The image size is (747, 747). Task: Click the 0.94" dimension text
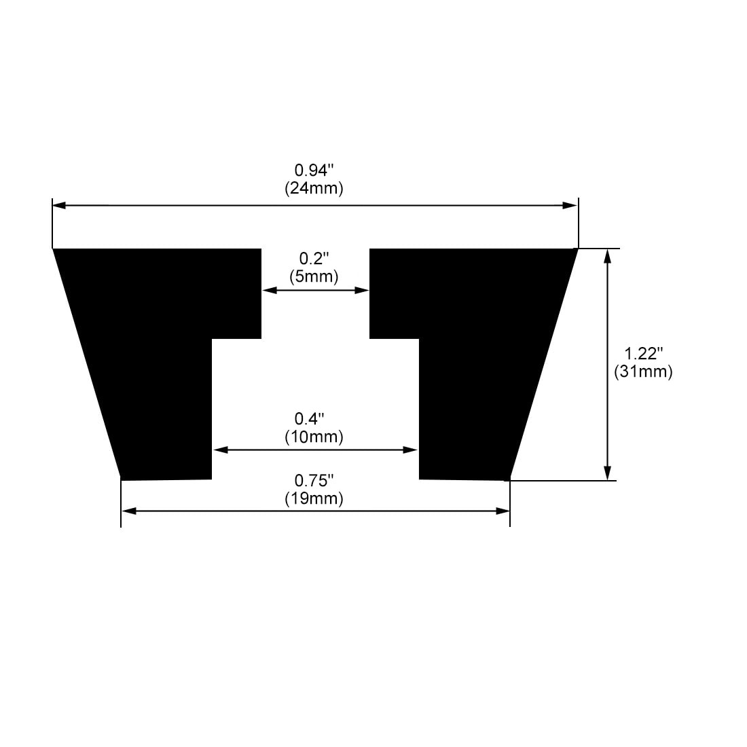(314, 170)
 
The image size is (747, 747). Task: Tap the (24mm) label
(314, 188)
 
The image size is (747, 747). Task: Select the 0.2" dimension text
(314, 258)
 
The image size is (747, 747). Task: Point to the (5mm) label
(314, 276)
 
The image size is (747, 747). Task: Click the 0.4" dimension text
(314, 418)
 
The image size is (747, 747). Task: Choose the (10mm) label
(314, 437)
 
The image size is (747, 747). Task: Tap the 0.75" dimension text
(314, 480)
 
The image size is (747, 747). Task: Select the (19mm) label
(314, 498)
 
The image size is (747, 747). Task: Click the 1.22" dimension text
(642, 353)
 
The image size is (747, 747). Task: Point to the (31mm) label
(642, 371)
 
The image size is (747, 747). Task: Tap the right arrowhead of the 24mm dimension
(570, 205)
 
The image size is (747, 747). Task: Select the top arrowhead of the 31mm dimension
(608, 256)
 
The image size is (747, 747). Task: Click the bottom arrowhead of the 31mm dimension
(608, 473)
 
